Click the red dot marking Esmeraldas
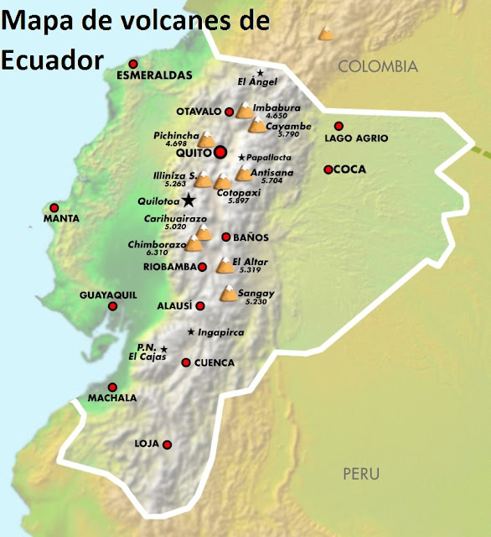(x=133, y=65)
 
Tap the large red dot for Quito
(x=220, y=152)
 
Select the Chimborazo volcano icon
(x=194, y=244)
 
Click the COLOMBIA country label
(x=377, y=66)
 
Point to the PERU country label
(x=362, y=473)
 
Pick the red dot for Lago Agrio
(x=339, y=126)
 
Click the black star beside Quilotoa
(x=190, y=201)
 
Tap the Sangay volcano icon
(x=228, y=294)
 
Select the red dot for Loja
(x=168, y=445)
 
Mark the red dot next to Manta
(x=54, y=208)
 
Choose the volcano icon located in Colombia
(x=326, y=34)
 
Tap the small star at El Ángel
(x=261, y=73)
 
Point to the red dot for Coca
(x=328, y=169)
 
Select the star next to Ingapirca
(x=191, y=332)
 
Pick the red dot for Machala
(x=111, y=388)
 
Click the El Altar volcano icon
(x=225, y=266)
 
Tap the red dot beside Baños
(x=225, y=237)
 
